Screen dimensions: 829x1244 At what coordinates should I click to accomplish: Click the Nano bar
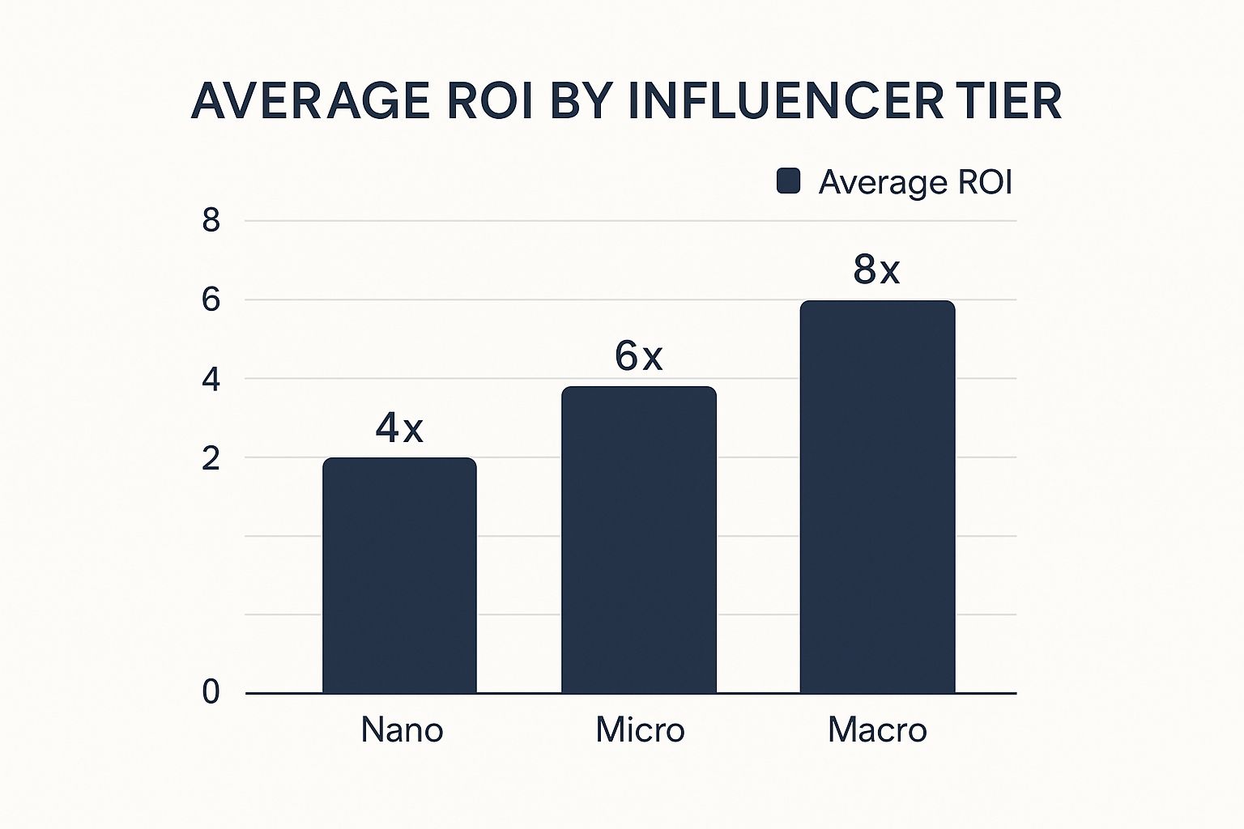[x=399, y=575]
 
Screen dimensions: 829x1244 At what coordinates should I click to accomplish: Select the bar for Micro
[x=639, y=539]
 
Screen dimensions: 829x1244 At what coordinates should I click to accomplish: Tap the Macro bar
[x=877, y=496]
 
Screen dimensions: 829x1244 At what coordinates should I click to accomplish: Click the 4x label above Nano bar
[x=399, y=427]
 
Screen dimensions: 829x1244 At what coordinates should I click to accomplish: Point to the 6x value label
[x=639, y=356]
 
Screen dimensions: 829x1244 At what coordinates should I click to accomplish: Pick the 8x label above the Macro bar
[x=876, y=270]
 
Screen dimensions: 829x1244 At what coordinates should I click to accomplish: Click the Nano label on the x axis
[x=403, y=730]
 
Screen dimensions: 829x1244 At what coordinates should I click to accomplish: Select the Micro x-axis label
[x=640, y=730]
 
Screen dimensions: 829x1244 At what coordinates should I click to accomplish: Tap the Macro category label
[x=877, y=730]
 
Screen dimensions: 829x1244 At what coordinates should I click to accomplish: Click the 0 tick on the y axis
[x=211, y=693]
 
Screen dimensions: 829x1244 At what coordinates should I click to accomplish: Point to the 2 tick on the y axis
[x=211, y=459]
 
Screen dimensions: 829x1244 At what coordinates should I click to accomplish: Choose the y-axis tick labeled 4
[x=211, y=380]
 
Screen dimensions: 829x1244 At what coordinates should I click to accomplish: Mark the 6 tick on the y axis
[x=211, y=300]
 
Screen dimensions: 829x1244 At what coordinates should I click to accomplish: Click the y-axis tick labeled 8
[x=211, y=220]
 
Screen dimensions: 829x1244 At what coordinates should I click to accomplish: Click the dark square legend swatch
[x=788, y=181]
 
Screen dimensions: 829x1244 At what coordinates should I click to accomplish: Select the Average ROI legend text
[x=915, y=182]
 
